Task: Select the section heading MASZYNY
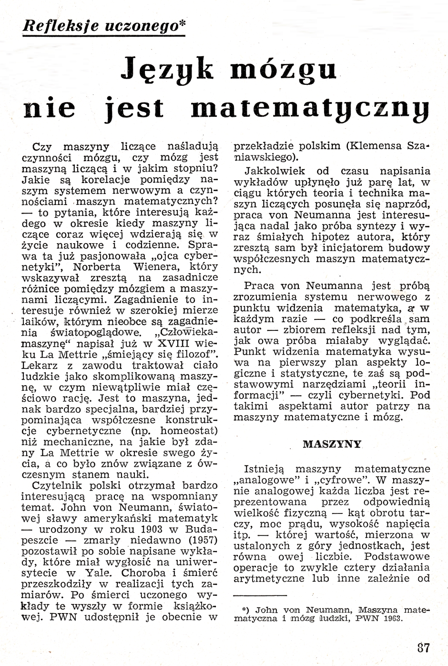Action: [332, 443]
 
